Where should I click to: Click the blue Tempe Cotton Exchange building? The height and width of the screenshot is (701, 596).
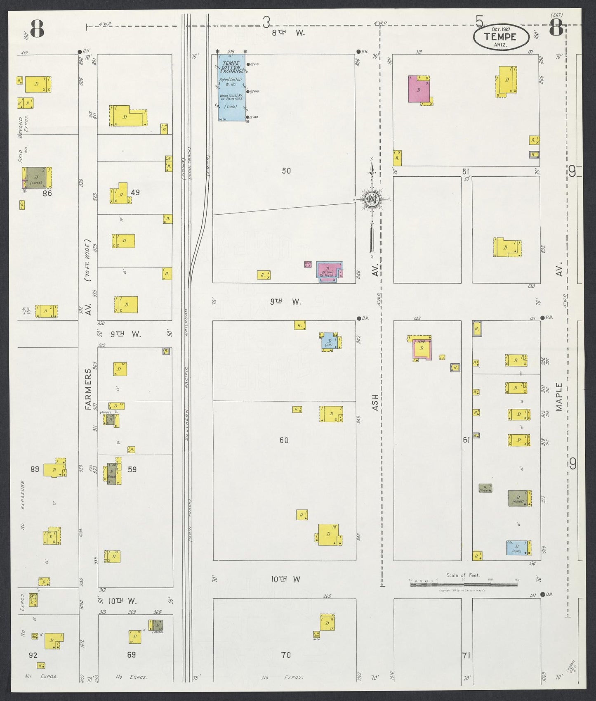pyautogui.click(x=231, y=88)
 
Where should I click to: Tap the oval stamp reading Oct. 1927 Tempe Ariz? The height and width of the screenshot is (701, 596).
pyautogui.click(x=500, y=37)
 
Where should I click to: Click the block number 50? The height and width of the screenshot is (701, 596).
pyautogui.click(x=286, y=171)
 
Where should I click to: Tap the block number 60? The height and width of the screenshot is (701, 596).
pyautogui.click(x=284, y=440)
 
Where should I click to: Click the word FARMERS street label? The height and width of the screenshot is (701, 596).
pyautogui.click(x=88, y=390)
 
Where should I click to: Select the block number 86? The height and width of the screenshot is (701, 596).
pyautogui.click(x=47, y=193)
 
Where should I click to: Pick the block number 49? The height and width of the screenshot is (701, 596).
pyautogui.click(x=135, y=192)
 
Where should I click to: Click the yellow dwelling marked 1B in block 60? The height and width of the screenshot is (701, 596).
pyautogui.click(x=329, y=535)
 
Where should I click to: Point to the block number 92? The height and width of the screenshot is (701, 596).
pyautogui.click(x=33, y=655)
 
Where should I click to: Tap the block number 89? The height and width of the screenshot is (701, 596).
pyautogui.click(x=35, y=469)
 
